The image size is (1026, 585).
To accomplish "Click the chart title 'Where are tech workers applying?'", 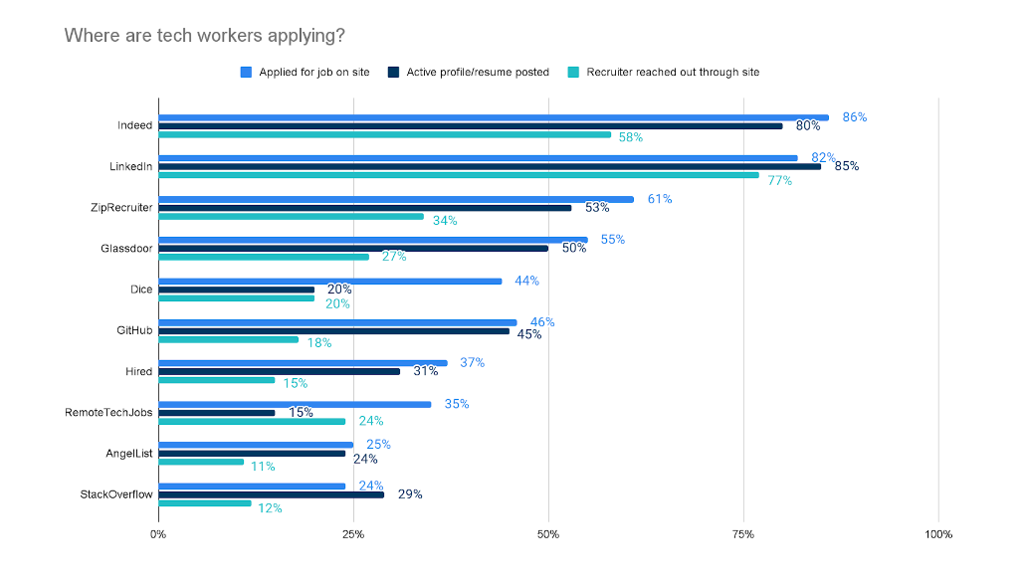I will (205, 36).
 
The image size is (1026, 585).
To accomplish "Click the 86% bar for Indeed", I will (494, 117).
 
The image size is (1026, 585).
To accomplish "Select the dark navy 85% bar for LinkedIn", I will (490, 166).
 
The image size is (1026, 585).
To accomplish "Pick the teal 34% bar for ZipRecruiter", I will (291, 216).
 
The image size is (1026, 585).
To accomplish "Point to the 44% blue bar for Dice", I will (329, 282).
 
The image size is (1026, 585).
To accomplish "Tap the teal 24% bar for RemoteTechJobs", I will (252, 421).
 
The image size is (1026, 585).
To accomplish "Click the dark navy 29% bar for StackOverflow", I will (271, 494).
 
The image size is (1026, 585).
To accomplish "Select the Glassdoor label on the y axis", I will (128, 249).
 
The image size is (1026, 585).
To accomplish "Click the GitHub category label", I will (134, 330).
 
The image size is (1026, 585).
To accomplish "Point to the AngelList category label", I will (128, 453).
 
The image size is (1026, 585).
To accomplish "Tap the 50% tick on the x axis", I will (547, 535).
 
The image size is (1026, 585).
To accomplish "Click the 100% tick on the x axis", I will (937, 535).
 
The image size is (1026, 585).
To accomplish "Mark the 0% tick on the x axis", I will (158, 535).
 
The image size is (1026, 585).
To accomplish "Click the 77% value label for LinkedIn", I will (779, 181).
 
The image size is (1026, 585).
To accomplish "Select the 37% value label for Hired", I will (472, 363).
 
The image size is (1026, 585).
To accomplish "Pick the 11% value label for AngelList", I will (263, 467).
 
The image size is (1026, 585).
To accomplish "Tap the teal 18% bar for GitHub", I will (228, 339).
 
